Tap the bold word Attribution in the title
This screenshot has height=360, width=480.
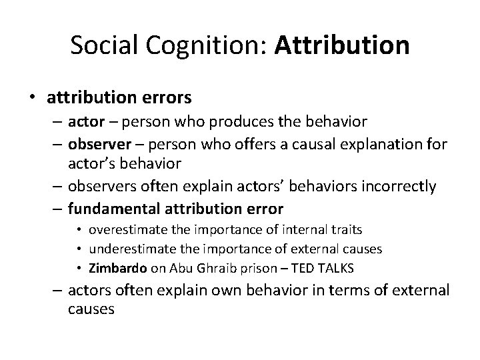[x=341, y=45]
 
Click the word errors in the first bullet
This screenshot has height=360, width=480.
[x=167, y=98]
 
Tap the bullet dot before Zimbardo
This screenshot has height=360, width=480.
[x=81, y=269]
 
